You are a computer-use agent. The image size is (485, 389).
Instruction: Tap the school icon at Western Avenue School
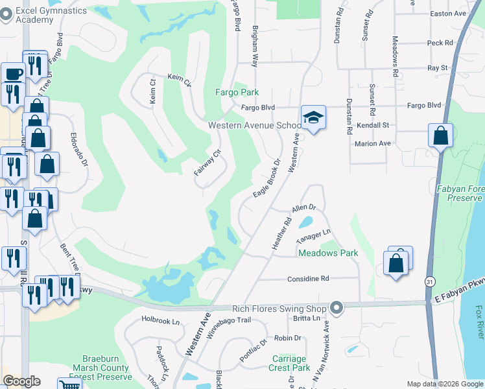pos(313,118)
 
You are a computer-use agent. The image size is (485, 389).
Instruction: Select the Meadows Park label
pos(328,253)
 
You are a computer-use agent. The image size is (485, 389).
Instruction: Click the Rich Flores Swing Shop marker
pos(336,307)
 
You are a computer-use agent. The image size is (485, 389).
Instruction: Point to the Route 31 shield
pos(430,281)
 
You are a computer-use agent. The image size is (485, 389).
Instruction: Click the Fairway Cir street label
pos(208,163)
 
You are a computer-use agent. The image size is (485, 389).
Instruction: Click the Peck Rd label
pos(440,43)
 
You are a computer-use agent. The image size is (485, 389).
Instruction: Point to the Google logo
pos(22,381)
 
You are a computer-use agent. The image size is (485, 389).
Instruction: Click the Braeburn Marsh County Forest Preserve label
pos(107,367)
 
